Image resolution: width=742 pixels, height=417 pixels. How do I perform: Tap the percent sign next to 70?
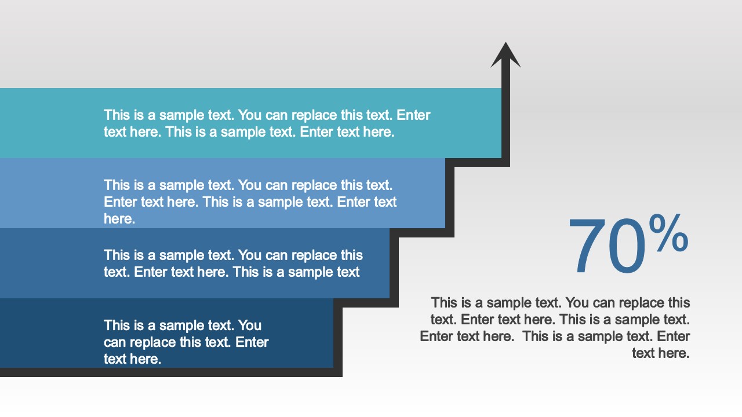coord(668,233)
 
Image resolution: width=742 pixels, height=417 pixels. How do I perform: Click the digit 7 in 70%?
coord(588,246)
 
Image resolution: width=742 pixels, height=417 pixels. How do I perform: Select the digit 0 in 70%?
coord(627,246)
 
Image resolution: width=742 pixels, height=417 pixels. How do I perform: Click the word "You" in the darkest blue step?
coord(250,325)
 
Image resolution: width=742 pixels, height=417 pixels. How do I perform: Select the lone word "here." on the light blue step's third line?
coord(119,219)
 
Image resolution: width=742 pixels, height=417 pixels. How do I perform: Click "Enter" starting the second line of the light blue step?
coord(121,202)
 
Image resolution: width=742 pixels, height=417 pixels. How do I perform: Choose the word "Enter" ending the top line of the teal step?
coord(413,115)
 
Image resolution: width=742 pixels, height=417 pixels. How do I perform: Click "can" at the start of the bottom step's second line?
coord(115,342)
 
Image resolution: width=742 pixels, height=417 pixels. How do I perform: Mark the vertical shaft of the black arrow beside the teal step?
coord(505,112)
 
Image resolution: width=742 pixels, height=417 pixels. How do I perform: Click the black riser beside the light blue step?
coord(449,197)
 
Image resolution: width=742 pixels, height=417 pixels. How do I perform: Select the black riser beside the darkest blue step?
coord(338,338)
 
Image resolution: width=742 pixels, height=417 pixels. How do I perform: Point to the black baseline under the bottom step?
coord(171,372)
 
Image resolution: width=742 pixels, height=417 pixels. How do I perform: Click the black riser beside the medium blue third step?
coord(394,268)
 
